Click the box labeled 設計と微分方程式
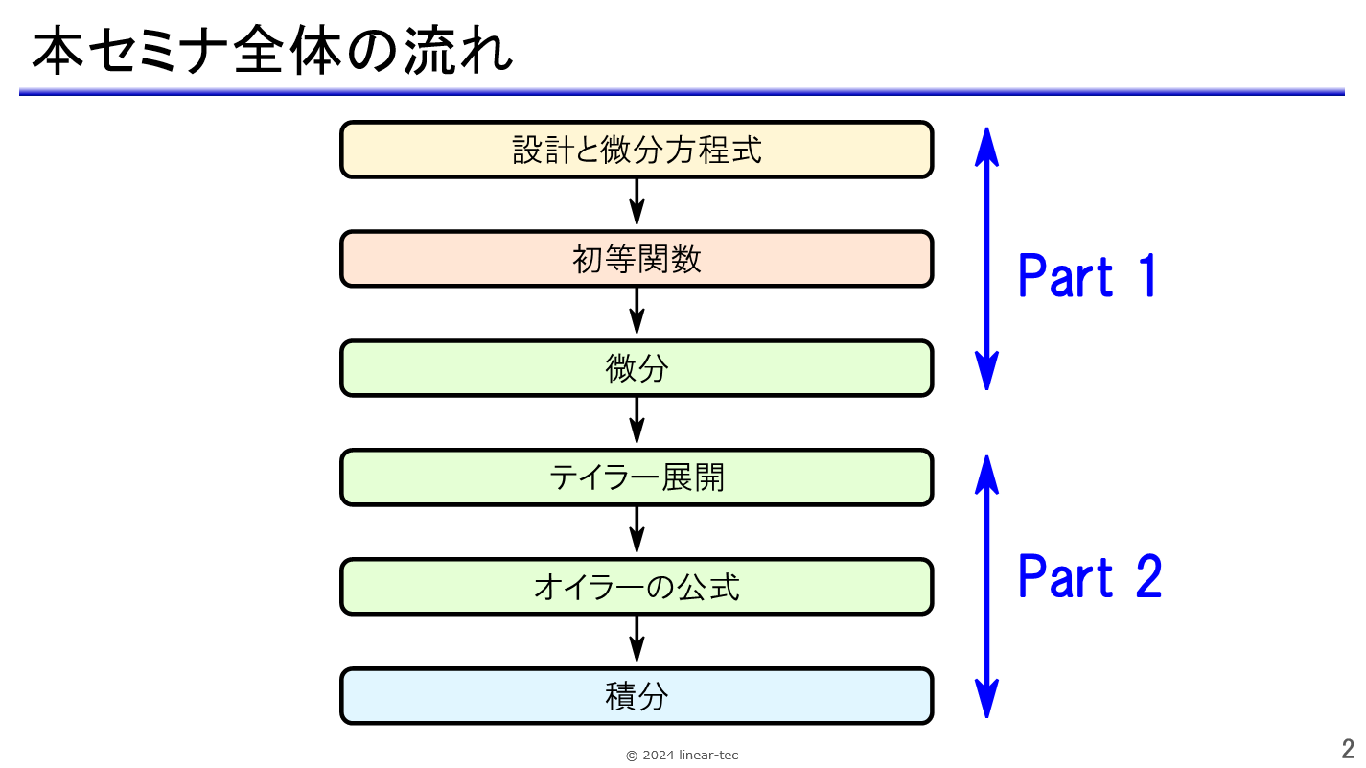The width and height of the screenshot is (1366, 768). click(x=637, y=150)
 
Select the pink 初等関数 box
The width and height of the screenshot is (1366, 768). click(x=637, y=259)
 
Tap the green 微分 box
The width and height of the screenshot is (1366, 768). click(x=637, y=368)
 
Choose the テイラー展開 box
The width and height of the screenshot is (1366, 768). click(x=637, y=477)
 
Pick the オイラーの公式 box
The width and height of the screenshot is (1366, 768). click(x=637, y=587)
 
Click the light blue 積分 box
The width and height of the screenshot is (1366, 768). click(x=637, y=696)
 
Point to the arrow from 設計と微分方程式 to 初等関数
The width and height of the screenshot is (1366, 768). click(x=637, y=201)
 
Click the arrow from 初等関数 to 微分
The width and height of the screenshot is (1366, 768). click(x=637, y=311)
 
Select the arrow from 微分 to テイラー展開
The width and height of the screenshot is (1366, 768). click(x=637, y=420)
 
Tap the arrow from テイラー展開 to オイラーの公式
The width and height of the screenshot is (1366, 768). click(x=637, y=529)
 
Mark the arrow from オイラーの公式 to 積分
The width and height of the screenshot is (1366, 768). click(x=637, y=639)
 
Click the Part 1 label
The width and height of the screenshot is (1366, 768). click(x=1087, y=276)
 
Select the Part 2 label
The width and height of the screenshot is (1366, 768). click(x=1090, y=576)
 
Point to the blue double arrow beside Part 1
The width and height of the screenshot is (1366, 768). click(x=986, y=259)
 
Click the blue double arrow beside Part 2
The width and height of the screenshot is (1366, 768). click(x=986, y=587)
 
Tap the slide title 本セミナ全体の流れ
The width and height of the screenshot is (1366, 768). click(x=272, y=50)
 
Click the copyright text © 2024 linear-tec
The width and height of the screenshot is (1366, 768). click(x=682, y=756)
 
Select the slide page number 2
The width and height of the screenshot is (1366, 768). click(x=1348, y=749)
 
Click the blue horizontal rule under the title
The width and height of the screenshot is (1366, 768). click(x=682, y=92)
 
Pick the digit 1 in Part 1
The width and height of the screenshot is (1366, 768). click(x=1148, y=276)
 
